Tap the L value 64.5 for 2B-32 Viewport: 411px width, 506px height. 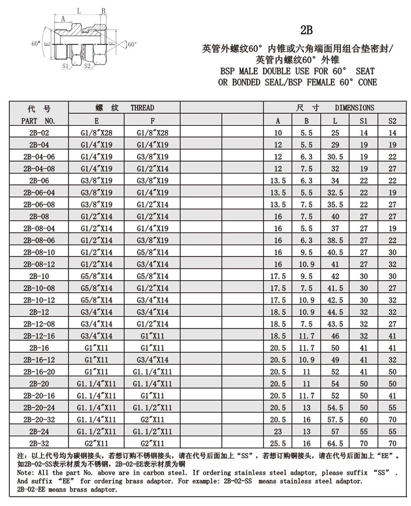pos(335,442)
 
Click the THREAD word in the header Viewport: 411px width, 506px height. pos(142,107)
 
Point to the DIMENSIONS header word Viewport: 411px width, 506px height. pos(355,107)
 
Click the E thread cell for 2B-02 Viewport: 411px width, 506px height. pos(97,133)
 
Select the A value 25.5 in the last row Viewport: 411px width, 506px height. pos(278,442)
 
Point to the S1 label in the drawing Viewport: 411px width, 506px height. pos(66,66)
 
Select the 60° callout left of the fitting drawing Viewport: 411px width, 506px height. pos(36,43)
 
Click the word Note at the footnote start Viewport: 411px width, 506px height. pos(25,472)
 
